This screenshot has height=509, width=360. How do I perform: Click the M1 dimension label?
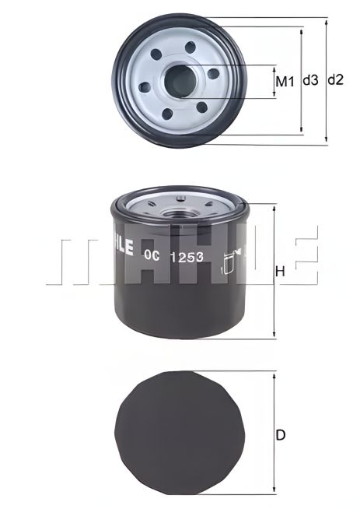pos(285,81)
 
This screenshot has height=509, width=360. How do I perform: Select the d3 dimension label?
pos(310,80)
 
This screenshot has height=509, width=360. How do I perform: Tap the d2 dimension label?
pos(336,80)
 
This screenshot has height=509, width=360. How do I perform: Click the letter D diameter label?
pos(281,436)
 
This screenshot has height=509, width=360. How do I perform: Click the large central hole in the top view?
pos(179,81)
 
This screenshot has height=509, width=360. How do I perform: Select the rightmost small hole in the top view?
pos(212,74)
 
